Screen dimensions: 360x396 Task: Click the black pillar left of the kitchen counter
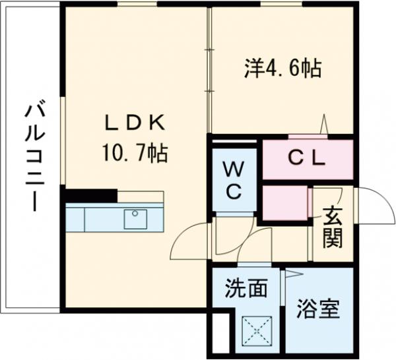click(91, 196)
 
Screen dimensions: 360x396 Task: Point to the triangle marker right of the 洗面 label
click(292, 274)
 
